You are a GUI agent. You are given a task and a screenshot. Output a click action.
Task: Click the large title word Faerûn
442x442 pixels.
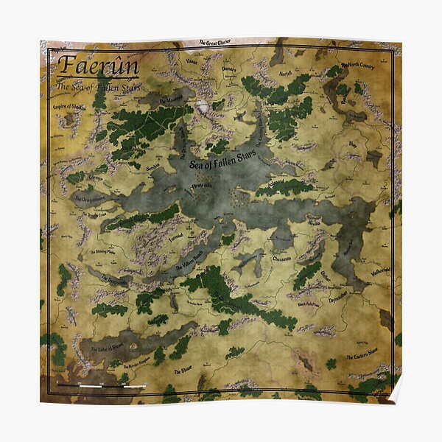[97, 66]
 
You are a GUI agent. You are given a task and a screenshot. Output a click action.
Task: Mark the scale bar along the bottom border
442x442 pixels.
[101, 385]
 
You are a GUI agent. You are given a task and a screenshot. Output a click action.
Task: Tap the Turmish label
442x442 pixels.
[175, 236]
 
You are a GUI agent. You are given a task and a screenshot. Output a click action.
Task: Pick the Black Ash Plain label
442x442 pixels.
[309, 304]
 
